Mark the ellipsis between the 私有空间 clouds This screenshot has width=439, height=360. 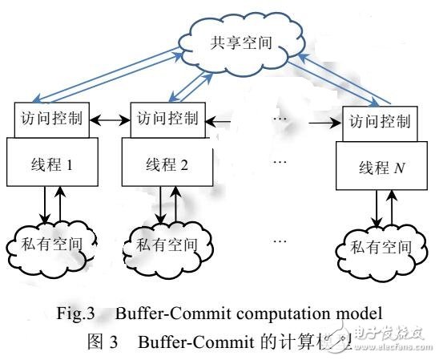coord(280,240)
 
